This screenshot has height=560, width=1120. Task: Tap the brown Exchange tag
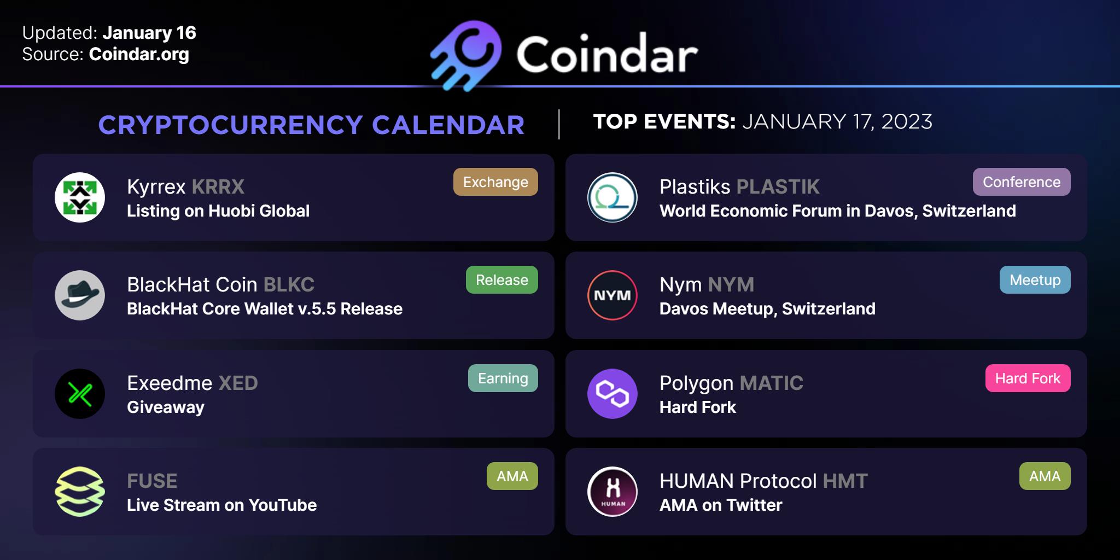coord(495,182)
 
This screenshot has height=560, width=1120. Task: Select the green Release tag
coord(502,280)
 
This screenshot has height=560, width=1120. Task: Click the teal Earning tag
coord(503,378)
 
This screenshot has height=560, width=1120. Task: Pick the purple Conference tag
coord(1022,182)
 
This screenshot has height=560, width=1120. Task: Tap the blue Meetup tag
coord(1035,280)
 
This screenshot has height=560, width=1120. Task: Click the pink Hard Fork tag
coord(1028,378)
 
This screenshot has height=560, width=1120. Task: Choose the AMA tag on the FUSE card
coord(512,476)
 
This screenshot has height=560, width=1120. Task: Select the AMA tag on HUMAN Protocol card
coord(1045,476)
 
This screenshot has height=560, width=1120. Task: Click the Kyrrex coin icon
coord(80,197)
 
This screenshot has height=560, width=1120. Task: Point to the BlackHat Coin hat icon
coord(80,295)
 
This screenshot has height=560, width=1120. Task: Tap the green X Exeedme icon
coord(80,394)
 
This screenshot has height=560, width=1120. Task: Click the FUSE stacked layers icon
coord(80,492)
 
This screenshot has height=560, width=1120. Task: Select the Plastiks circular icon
coord(612,197)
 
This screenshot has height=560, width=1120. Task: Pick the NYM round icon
coord(612,295)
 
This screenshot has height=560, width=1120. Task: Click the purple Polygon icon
coord(612,394)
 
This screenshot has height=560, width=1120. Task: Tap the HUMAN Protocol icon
coord(612,492)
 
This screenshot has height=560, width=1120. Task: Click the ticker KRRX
coord(218,187)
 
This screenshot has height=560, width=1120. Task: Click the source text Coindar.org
coord(139,54)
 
